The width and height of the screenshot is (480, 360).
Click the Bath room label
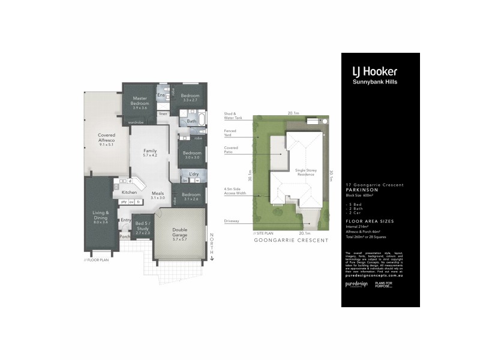click(191, 122)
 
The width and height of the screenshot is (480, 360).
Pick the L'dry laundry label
click(193, 174)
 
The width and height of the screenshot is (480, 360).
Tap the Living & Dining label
click(100, 217)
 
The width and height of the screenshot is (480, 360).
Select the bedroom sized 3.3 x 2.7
click(191, 98)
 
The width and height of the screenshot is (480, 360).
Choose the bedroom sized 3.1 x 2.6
click(191, 198)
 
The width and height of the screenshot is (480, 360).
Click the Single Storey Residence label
click(305, 172)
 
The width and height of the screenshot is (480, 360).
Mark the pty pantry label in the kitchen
click(124, 202)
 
